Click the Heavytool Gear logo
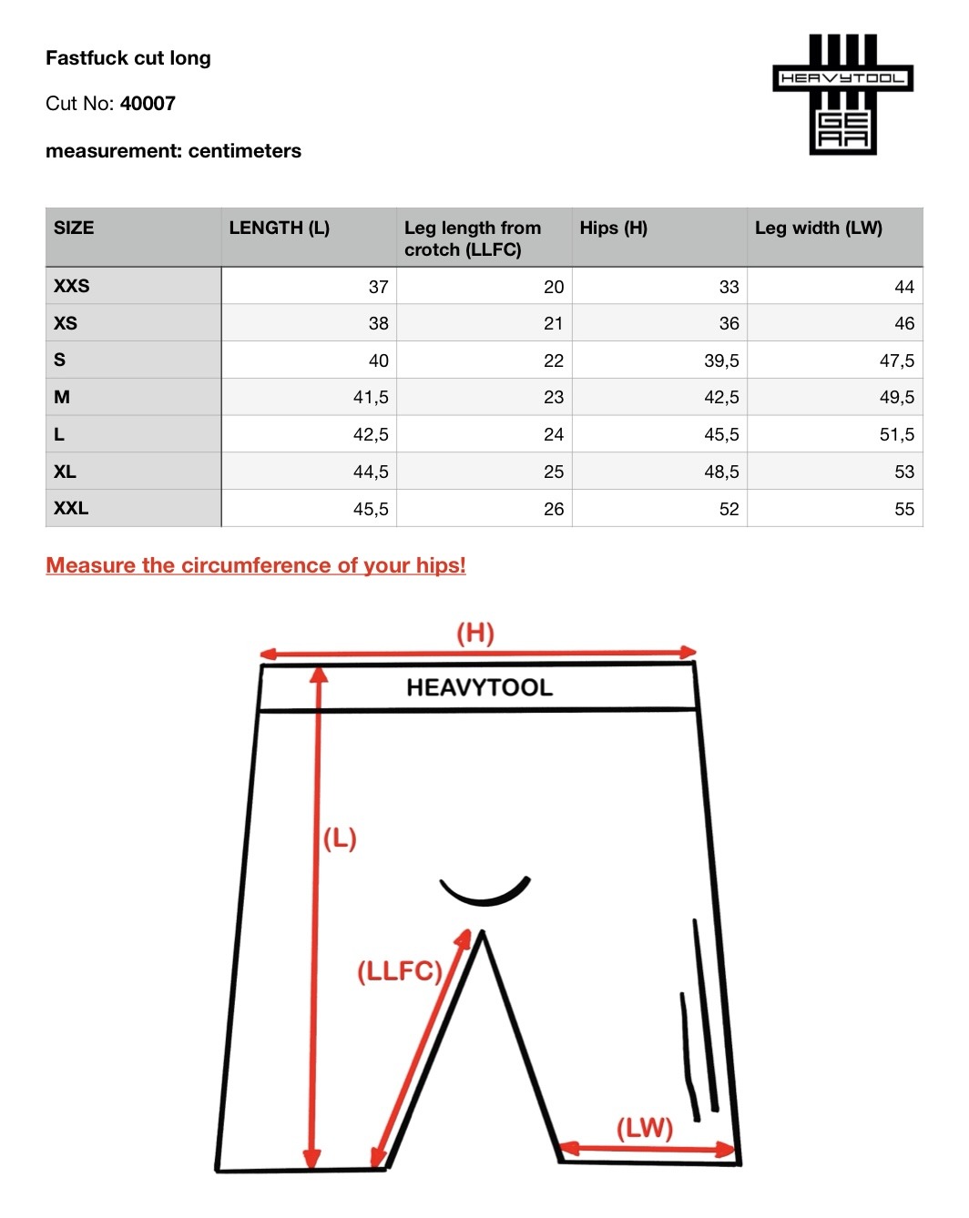[842, 94]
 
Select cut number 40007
[148, 104]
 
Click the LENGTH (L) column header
[279, 228]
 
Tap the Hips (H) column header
[613, 228]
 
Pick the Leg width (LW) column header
[818, 228]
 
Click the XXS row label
[72, 286]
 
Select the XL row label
[66, 472]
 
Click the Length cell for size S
[378, 360]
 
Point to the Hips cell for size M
[720, 398]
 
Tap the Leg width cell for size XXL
[903, 509]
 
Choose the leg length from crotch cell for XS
[553, 323]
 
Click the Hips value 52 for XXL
[729, 509]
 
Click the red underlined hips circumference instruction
[256, 565]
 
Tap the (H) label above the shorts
[474, 633]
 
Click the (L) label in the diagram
[340, 837]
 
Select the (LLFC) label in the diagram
[399, 971]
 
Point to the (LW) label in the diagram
[644, 1129]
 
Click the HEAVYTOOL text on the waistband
[479, 687]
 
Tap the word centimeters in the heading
[244, 151]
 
